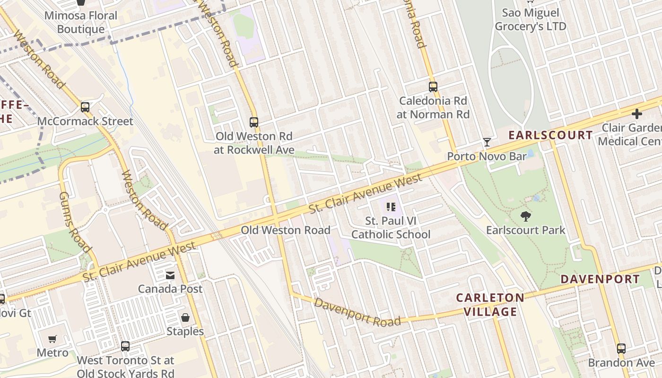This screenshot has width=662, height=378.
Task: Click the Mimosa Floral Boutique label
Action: coord(81,22)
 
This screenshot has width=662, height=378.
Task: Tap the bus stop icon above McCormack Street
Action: coord(85,107)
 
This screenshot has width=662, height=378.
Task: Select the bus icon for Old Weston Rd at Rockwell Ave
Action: coord(254,122)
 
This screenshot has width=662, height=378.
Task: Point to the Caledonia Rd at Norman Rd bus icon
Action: coord(433,87)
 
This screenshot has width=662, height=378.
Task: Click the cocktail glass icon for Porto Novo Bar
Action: coord(487,142)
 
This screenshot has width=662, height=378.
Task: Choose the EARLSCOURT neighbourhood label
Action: coord(550,135)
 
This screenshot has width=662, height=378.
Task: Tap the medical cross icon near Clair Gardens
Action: coord(636,114)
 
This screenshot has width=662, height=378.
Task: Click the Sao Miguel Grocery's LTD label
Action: coord(530,19)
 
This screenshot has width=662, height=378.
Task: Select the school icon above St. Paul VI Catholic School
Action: coord(391,206)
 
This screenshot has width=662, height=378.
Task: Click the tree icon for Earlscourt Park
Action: coord(525,216)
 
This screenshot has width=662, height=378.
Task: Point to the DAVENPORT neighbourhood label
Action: coord(600,279)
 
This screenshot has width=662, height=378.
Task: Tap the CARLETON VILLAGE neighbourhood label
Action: coord(490,305)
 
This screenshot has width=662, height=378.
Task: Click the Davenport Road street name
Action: coord(357,312)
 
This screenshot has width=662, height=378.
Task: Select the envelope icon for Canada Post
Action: coord(170,275)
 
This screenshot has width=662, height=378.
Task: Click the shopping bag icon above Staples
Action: coord(185,318)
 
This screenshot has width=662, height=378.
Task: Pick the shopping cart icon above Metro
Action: coord(52,339)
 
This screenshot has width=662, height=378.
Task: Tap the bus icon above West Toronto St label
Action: coord(125,346)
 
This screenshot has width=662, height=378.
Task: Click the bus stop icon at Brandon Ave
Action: coord(621,349)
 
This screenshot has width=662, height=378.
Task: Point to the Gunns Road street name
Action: coord(75,222)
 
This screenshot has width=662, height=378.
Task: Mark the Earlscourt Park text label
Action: coord(525,230)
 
